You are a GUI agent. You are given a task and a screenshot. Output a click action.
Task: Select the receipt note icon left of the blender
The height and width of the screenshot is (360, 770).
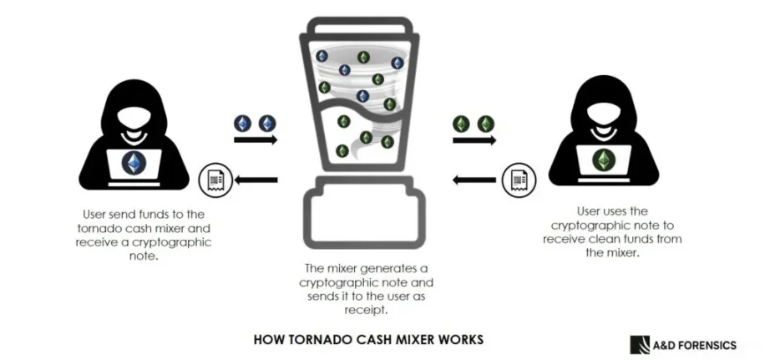point(213,180)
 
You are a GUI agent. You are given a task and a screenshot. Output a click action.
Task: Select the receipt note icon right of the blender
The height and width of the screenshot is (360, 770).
point(516,180)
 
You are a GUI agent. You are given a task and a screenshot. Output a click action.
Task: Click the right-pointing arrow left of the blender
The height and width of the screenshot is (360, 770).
point(255,140)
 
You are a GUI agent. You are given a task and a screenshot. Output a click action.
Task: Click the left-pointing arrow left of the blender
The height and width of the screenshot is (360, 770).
point(255,180)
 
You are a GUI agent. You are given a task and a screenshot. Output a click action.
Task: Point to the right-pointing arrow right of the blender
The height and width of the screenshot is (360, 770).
point(474,140)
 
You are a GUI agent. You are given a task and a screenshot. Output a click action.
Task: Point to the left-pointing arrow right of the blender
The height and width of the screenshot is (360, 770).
point(474,180)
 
